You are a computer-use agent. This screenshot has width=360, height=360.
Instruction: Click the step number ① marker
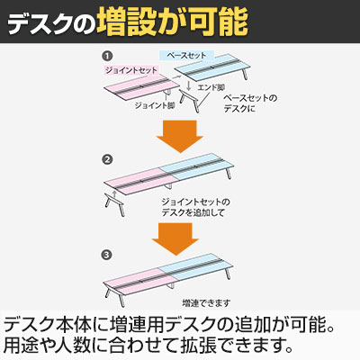click(107, 56)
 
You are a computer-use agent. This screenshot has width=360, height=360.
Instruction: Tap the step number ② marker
click(107, 159)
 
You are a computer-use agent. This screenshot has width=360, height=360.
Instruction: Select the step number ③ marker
click(107, 256)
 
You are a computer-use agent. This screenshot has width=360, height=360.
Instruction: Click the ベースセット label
click(186, 56)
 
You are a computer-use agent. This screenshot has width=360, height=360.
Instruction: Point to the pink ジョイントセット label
click(131, 70)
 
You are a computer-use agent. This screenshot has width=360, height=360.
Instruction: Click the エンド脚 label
click(211, 87)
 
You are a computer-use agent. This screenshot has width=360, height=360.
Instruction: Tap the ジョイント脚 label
click(155, 105)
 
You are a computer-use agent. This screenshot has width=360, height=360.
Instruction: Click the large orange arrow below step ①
click(180, 136)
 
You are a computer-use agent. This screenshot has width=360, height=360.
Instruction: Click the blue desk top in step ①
click(212, 68)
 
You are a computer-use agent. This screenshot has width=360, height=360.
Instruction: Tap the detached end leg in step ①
click(190, 101)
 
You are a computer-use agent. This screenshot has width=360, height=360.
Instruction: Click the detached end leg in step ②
click(114, 204)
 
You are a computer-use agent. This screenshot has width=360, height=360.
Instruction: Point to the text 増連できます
click(206, 303)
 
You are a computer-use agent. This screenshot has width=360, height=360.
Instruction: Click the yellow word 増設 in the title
click(126, 22)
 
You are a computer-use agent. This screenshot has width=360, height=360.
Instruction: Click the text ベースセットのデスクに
click(250, 103)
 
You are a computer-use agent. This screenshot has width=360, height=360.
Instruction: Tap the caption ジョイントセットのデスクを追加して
click(195, 207)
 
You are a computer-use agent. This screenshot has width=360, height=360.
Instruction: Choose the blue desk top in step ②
click(196, 166)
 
